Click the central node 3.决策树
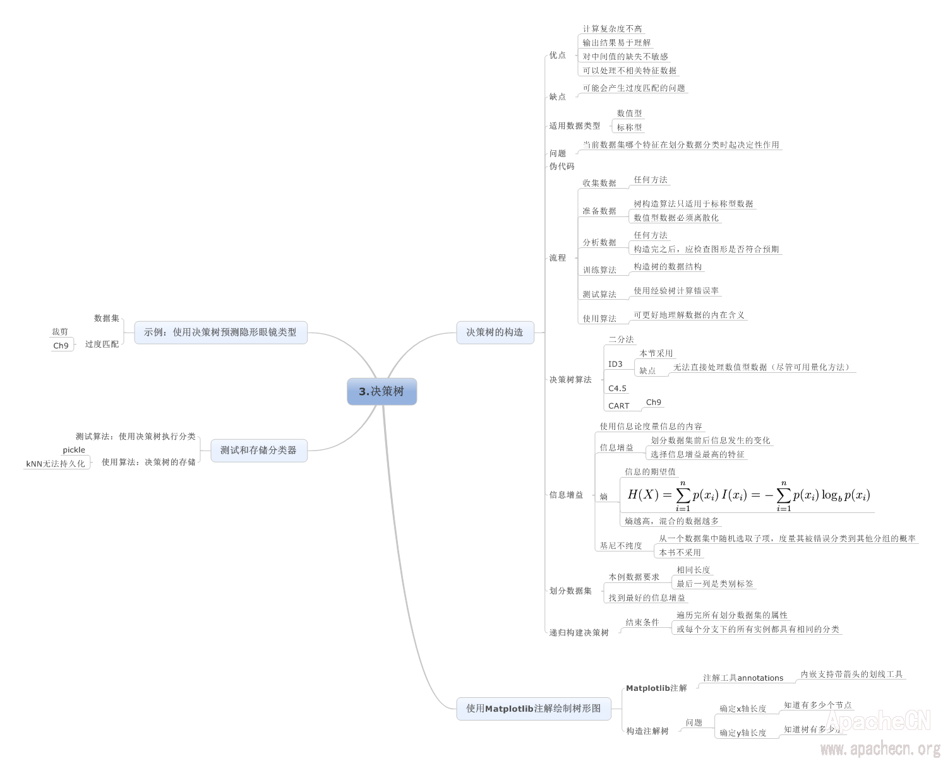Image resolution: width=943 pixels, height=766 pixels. click(x=381, y=391)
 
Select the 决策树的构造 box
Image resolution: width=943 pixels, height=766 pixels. click(x=495, y=332)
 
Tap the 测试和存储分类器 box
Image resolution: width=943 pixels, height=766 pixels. click(x=258, y=450)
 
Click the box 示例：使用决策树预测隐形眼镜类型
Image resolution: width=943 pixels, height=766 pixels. click(x=220, y=332)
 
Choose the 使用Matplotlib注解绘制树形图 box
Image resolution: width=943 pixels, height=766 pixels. click(x=534, y=709)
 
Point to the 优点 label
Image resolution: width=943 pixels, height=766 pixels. click(x=558, y=56)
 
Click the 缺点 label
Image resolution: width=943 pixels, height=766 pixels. click(x=558, y=97)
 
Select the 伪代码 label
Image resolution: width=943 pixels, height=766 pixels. click(x=562, y=166)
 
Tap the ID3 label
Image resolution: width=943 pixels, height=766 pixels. click(x=615, y=364)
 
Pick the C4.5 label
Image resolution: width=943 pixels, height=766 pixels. click(x=617, y=389)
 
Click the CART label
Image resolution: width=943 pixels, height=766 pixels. click(x=618, y=406)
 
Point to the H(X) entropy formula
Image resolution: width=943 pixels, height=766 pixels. click(x=748, y=495)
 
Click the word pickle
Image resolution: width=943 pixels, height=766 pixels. click(x=74, y=450)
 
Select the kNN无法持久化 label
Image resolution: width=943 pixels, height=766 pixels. click(x=56, y=464)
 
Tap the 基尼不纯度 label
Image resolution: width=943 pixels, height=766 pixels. click(x=621, y=546)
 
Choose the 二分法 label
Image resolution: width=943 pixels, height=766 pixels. click(x=621, y=339)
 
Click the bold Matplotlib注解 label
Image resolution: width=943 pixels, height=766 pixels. click(x=656, y=688)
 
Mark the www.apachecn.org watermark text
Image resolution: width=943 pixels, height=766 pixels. click(x=880, y=749)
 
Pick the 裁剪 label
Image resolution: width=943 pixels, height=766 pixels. click(x=60, y=332)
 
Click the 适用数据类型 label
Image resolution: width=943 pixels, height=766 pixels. click(x=575, y=126)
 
